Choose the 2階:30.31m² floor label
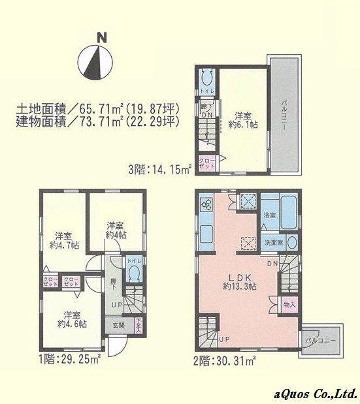(x=224, y=359)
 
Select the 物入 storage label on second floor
(x=289, y=304)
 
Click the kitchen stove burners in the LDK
(x=208, y=205)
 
